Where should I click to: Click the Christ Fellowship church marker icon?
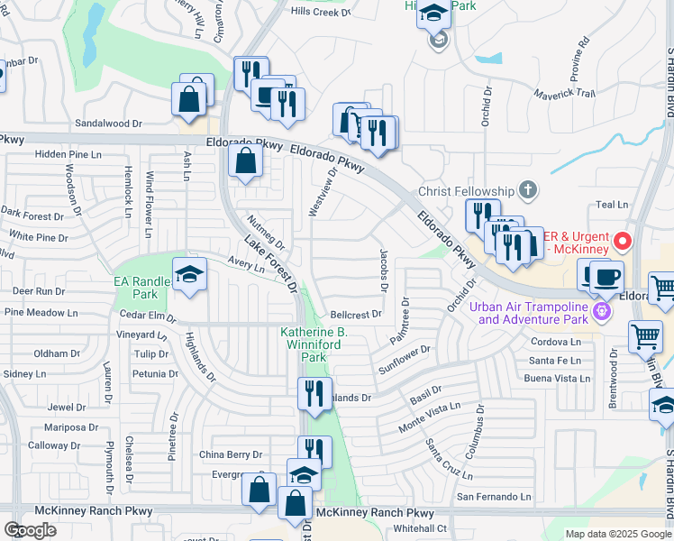click(527, 190)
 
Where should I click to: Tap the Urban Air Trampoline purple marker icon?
click(603, 312)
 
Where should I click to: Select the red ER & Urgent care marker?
click(622, 242)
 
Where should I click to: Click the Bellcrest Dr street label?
click(357, 316)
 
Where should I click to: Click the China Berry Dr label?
click(231, 454)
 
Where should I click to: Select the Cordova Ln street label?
click(556, 342)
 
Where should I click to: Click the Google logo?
click(30, 530)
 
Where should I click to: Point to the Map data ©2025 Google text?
click(618, 534)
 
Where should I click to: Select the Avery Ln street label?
click(246, 265)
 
